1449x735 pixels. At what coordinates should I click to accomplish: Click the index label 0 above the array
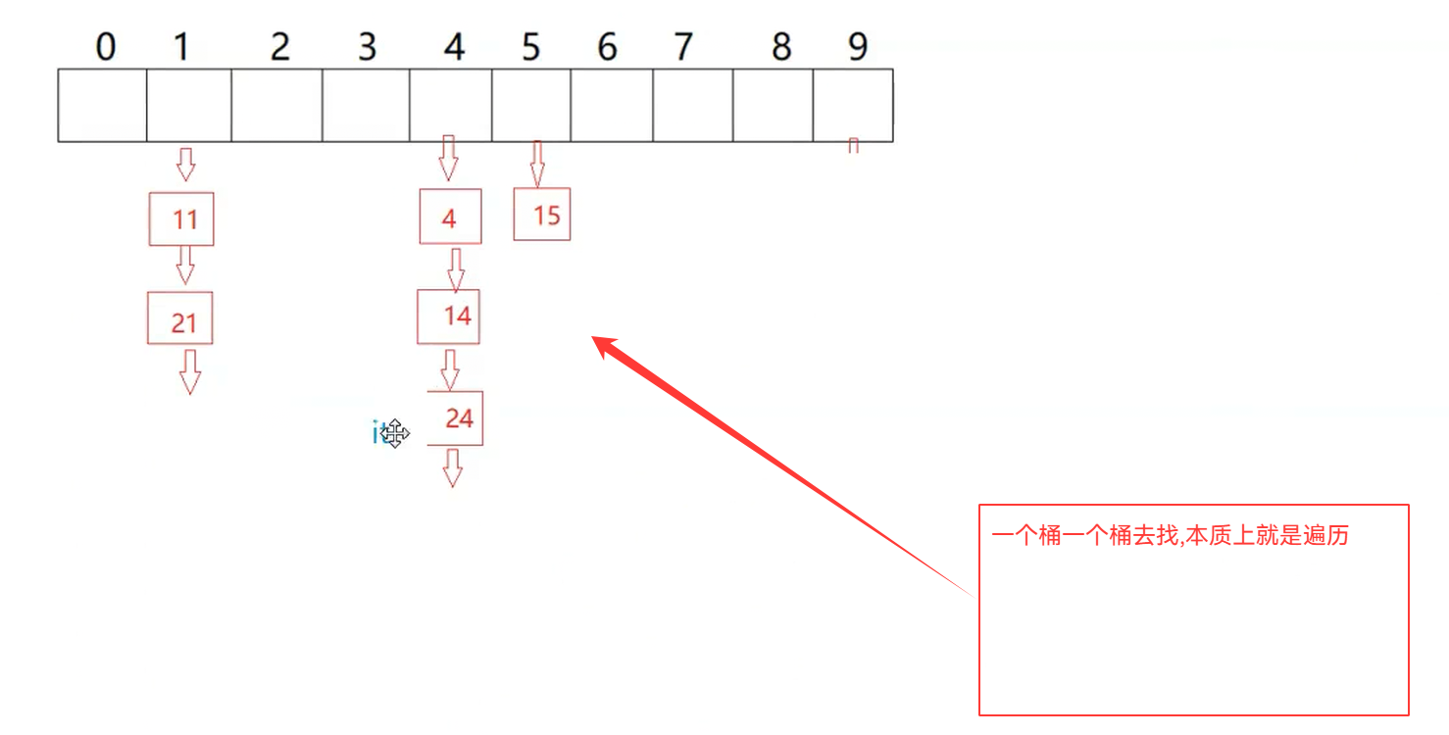105,47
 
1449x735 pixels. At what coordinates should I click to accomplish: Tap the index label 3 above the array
367,47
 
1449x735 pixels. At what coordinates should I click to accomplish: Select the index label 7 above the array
683,47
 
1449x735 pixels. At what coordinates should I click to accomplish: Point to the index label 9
858,47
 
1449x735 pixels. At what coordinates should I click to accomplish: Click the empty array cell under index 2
276,105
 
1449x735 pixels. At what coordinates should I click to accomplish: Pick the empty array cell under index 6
612,105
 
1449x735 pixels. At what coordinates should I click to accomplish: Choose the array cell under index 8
774,105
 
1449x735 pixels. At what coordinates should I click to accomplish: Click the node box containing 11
181,219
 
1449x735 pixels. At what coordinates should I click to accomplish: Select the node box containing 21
180,318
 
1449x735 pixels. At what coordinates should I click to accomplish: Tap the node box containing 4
450,216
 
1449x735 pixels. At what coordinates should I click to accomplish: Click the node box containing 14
449,316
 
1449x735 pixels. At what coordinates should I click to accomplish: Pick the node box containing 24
456,418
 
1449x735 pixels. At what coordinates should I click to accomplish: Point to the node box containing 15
542,215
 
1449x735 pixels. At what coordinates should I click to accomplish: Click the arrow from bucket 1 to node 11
185,164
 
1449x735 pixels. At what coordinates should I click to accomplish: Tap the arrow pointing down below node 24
452,467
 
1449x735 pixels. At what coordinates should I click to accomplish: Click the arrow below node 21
190,370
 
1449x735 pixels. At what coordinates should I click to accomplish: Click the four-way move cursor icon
394,432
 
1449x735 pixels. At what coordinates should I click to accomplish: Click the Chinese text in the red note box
1170,536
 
